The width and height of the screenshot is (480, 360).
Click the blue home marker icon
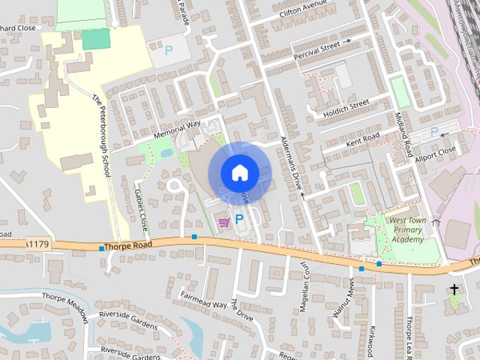coord(239,172)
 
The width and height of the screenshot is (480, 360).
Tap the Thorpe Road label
coord(130,244)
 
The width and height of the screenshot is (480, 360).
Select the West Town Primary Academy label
coord(406,229)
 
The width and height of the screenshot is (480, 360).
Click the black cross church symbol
coord(454,289)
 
